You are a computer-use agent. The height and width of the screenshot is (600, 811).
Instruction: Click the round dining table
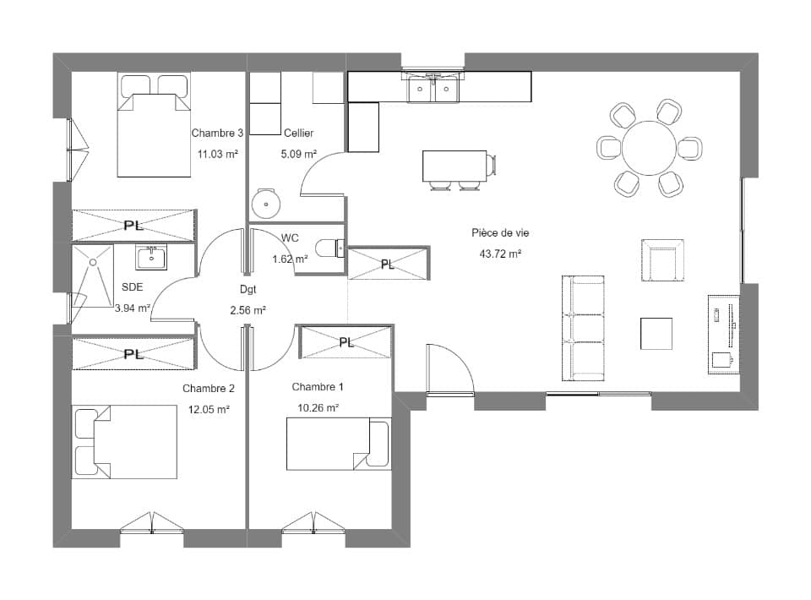coord(649,148)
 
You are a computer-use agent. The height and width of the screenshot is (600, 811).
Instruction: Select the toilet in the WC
coord(329,248)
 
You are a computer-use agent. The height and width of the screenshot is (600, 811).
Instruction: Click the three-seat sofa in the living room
coord(585,328)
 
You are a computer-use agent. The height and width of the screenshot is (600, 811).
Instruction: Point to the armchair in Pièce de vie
coord(662,260)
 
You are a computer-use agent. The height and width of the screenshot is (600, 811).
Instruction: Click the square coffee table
coord(656,333)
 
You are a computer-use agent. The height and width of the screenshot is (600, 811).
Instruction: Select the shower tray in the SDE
coord(92,275)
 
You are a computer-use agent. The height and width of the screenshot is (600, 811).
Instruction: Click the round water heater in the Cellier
coord(265,203)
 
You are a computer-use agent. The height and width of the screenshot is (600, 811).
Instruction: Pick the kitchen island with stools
coord(454,166)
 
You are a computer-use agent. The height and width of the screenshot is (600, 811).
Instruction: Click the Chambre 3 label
coord(217,133)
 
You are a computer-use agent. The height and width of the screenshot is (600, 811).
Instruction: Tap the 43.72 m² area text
coord(500,254)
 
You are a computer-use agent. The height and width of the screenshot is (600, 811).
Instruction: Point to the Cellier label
coord(299,133)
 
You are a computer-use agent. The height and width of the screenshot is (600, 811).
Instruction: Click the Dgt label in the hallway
coord(248,289)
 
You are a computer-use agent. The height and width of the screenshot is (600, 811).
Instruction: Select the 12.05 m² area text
coord(209,409)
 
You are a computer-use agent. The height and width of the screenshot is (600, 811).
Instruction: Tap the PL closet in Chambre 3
coord(133,226)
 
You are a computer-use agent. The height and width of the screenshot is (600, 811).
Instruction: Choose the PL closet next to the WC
coord(388,264)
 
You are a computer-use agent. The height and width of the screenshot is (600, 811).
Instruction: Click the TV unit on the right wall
coord(723,333)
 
